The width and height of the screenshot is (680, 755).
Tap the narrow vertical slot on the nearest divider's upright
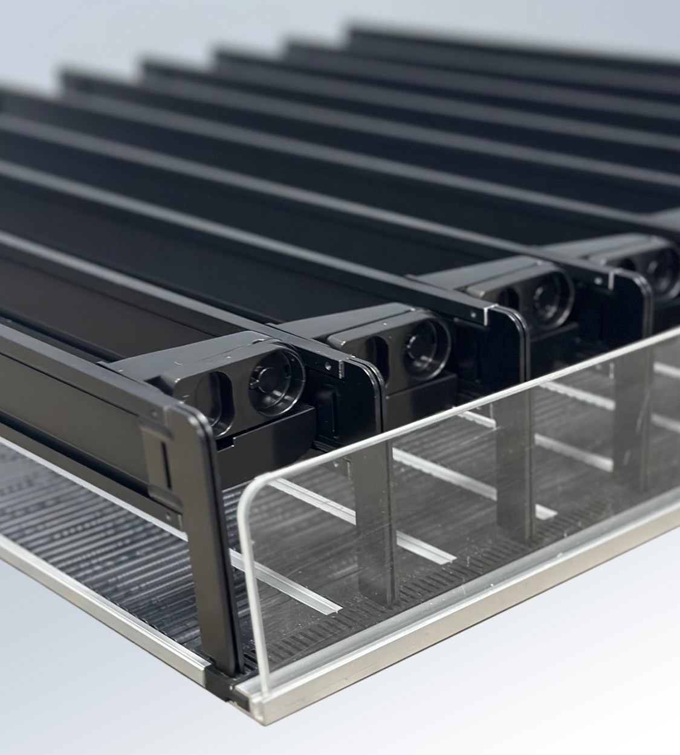165,459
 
